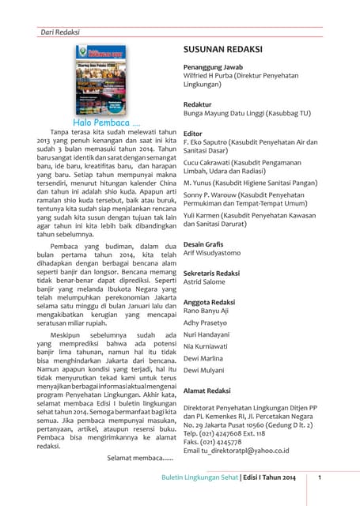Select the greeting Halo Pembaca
pyautogui.click(x=107, y=123)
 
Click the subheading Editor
pyautogui.click(x=194, y=134)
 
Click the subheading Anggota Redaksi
pyautogui.click(x=209, y=302)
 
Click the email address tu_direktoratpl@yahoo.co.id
pyautogui.click(x=236, y=450)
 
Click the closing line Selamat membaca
pyautogui.click(x=139, y=457)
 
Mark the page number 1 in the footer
pyautogui.click(x=318, y=478)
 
